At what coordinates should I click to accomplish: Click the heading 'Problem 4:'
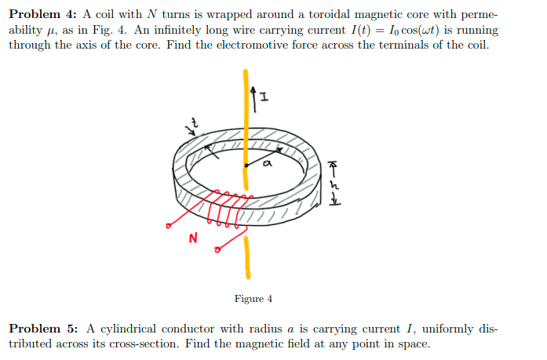42,16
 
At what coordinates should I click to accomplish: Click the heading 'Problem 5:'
42,328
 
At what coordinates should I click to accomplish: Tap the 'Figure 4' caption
253,299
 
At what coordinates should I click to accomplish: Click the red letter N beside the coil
193,237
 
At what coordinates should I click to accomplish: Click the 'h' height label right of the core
334,186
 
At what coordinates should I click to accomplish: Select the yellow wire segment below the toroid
248,259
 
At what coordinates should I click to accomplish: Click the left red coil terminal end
167,228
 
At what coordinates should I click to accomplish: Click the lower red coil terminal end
215,251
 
